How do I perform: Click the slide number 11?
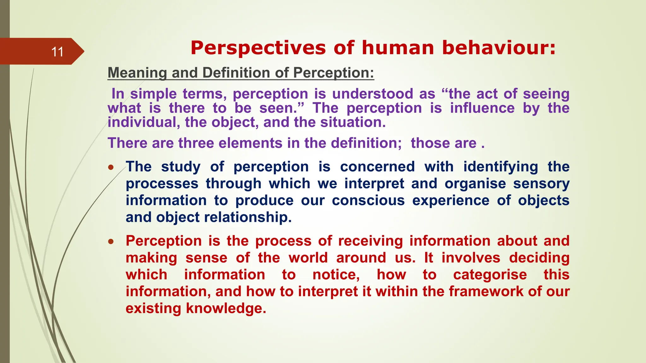coord(57,52)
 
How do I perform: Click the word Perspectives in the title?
coord(258,48)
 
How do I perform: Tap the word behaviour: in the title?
coord(498,48)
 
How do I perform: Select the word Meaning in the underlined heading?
coord(137,73)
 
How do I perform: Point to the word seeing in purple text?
coord(546,94)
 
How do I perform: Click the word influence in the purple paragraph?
coord(482,108)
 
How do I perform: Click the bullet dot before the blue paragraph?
coord(111,168)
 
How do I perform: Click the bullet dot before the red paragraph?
coord(111,242)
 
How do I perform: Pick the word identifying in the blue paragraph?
coord(500,167)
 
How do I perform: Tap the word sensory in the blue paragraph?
coord(541,183)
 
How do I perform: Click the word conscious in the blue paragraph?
coord(368,200)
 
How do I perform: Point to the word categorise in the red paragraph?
coord(490,275)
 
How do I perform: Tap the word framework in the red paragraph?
coord(486,291)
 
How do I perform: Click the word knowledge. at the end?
coord(226,308)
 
